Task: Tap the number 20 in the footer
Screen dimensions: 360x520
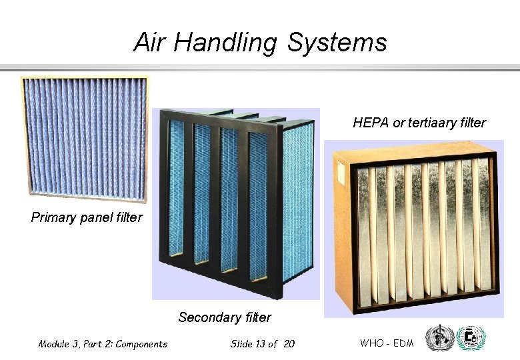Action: (x=288, y=344)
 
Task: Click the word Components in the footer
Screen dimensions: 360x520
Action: (x=141, y=344)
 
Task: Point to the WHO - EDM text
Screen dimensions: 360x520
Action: (x=387, y=343)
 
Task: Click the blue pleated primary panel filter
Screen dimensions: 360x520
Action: (x=84, y=140)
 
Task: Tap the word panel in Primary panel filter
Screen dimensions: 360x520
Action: (x=99, y=217)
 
